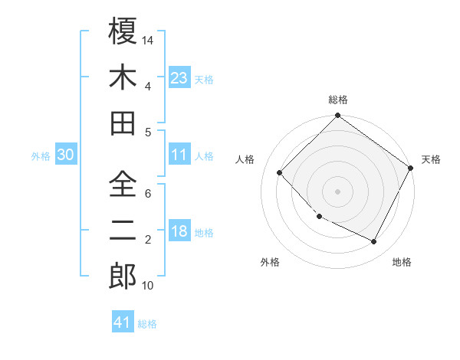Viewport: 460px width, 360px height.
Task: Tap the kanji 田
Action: pyautogui.click(x=123, y=123)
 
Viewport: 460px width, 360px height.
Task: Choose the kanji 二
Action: pyautogui.click(x=123, y=230)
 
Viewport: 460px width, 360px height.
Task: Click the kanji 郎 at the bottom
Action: pyautogui.click(x=123, y=276)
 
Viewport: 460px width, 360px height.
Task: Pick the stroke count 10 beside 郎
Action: pyautogui.click(x=148, y=286)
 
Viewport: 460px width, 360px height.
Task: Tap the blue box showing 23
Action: pyautogui.click(x=179, y=78)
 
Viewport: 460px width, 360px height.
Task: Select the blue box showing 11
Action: pyautogui.click(x=179, y=155)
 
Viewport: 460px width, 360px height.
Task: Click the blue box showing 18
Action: pyautogui.click(x=179, y=232)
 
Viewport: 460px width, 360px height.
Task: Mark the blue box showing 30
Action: pyautogui.click(x=65, y=155)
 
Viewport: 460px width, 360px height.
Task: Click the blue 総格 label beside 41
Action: pyautogui.click(x=147, y=324)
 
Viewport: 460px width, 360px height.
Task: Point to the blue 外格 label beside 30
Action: pyautogui.click(x=41, y=155)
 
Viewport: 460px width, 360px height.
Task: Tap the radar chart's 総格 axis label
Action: pyautogui.click(x=337, y=100)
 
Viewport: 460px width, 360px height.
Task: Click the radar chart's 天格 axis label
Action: pyautogui.click(x=431, y=159)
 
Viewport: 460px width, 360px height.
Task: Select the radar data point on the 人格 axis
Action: pyautogui.click(x=280, y=173)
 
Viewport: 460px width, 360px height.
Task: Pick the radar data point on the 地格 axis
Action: pyautogui.click(x=374, y=242)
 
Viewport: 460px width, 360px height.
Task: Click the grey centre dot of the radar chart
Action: pyautogui.click(x=337, y=191)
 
